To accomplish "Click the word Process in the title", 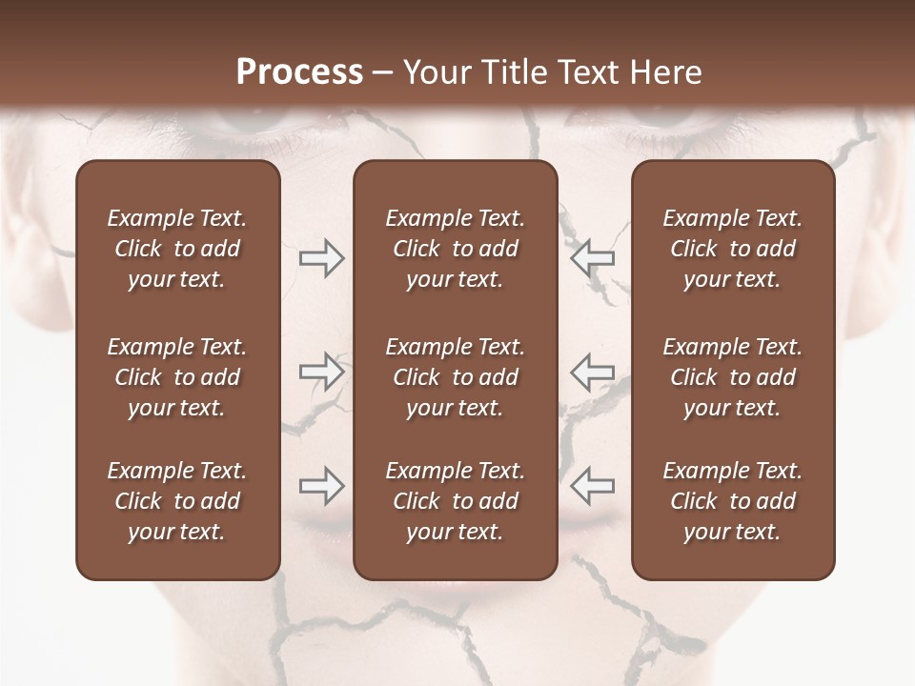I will click(299, 72).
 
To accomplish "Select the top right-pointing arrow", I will click(322, 258).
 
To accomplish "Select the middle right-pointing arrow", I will click(322, 372).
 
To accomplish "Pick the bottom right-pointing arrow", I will click(322, 486).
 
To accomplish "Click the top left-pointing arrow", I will click(592, 258).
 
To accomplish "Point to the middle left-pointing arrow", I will click(592, 372).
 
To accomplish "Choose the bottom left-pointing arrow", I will click(592, 486).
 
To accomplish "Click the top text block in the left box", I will click(177, 249).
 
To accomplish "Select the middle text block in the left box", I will click(177, 377).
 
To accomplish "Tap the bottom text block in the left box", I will click(177, 501).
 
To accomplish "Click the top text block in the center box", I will click(455, 249).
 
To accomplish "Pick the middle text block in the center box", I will click(455, 377).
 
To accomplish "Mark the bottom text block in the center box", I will click(455, 501).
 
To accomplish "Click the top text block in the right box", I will click(732, 249).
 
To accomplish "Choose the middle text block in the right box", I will click(732, 377).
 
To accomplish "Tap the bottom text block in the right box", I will click(732, 501).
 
